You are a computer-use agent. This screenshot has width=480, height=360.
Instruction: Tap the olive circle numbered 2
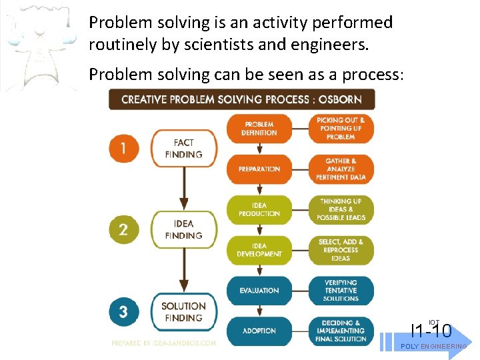123,229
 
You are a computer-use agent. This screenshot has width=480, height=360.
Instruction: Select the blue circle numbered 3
123,311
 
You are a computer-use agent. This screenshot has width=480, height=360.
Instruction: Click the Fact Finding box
183,148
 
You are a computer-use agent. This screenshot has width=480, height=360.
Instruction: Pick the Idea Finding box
183,229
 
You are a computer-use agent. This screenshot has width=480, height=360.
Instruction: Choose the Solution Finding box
183,311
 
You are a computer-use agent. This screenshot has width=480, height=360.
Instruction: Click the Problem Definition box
259,129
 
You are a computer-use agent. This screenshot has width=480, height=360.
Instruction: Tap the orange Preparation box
259,169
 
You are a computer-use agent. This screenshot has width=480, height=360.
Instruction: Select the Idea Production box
259,209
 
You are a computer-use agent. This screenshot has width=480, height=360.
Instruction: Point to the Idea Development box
259,250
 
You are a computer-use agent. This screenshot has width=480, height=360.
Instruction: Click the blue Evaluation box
259,291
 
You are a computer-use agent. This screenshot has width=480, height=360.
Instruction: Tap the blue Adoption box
259,331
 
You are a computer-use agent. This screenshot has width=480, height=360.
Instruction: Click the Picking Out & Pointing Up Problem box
341,129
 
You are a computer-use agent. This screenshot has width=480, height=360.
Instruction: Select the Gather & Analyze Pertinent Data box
341,169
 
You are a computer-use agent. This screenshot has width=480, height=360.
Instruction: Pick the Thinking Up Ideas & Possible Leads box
341,209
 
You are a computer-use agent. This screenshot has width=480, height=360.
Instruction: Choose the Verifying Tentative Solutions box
341,291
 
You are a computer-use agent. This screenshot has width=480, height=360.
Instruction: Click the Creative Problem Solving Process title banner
241,99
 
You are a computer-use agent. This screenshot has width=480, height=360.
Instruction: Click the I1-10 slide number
431,330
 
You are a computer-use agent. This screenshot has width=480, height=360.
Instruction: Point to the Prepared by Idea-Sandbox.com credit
164,343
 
